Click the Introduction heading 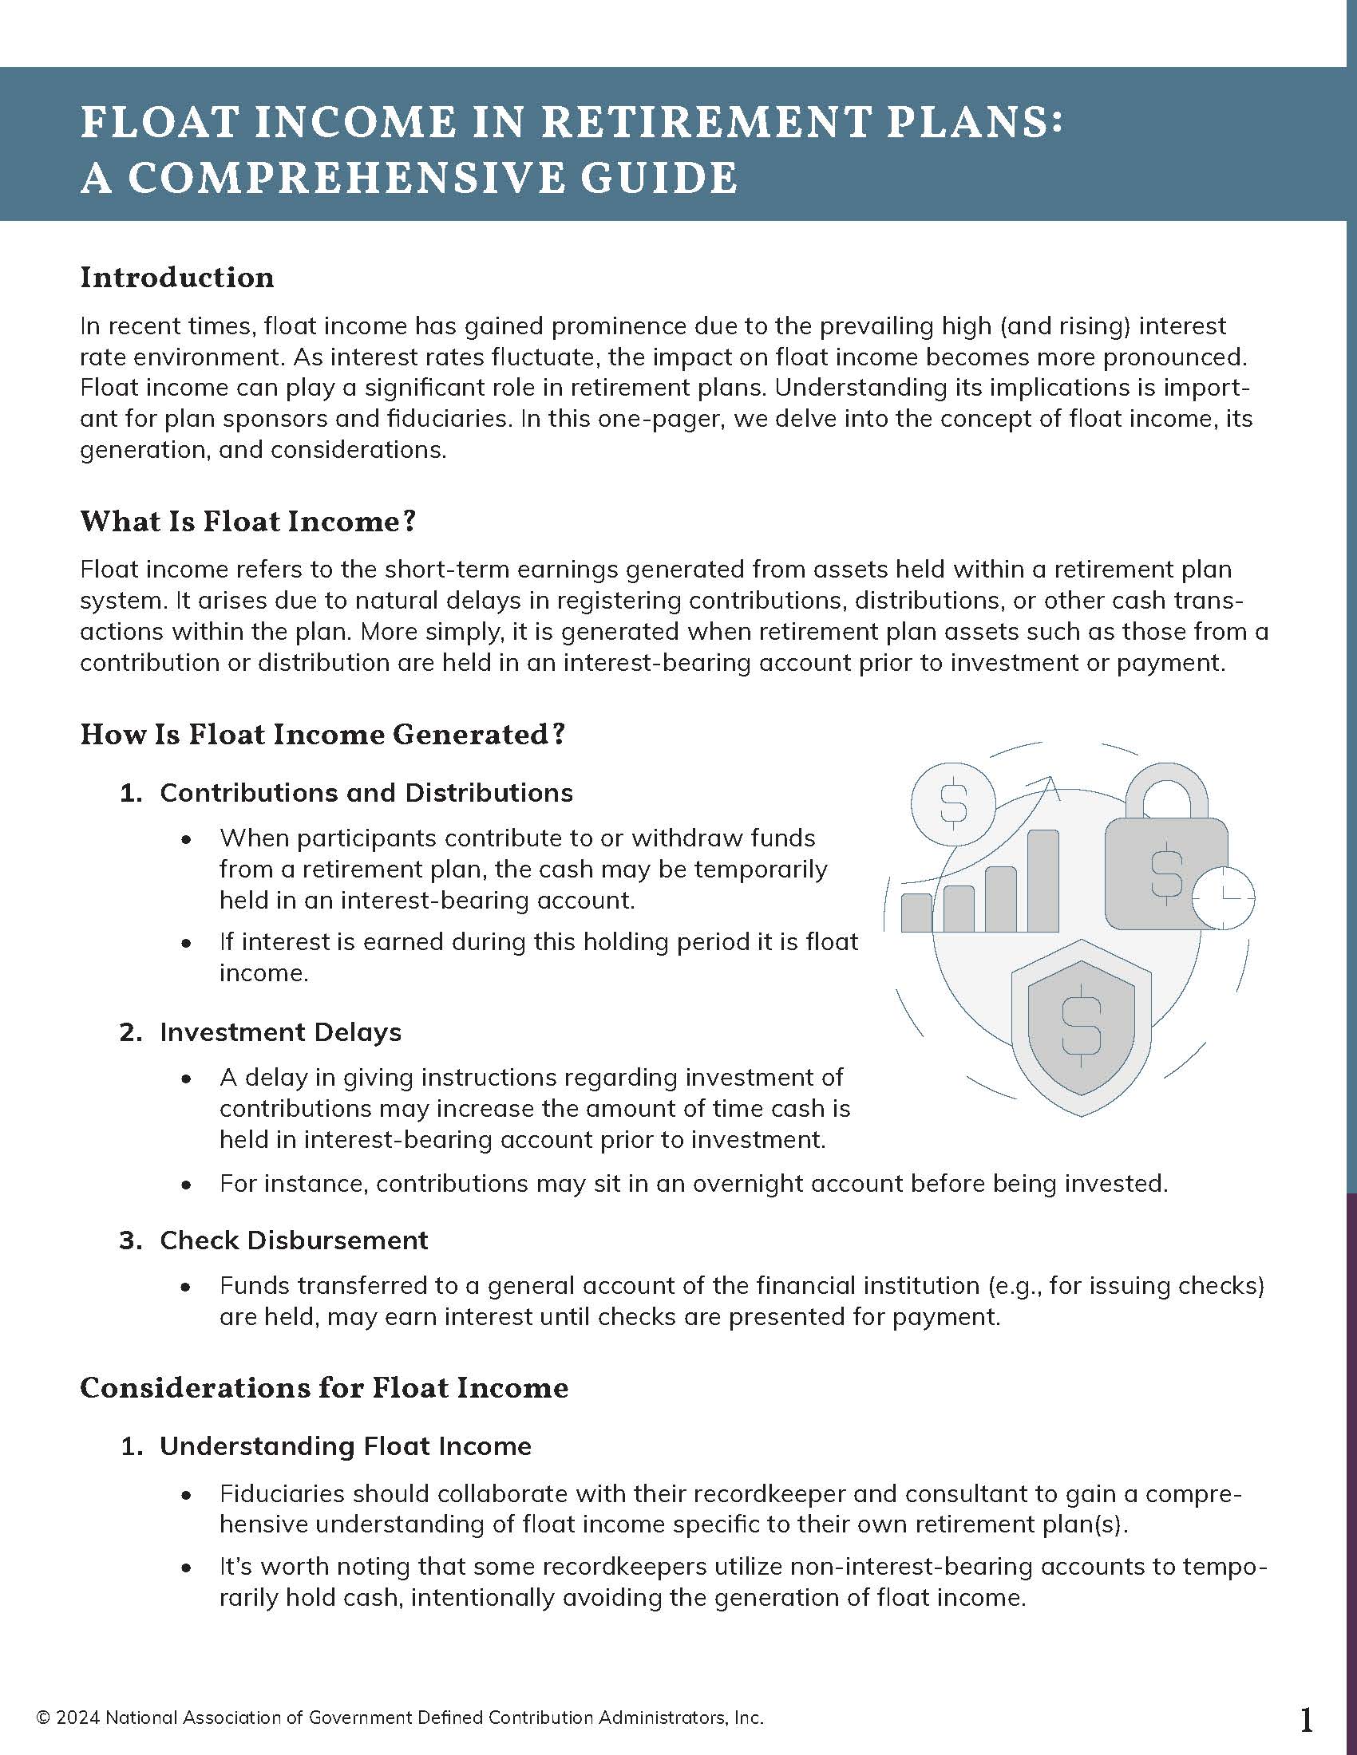177,278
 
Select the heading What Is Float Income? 247,522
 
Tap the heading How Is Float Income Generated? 323,735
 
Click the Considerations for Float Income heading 324,1388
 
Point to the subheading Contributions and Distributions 366,792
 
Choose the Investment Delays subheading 280,1031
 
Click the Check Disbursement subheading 294,1240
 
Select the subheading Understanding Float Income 346,1445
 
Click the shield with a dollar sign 1082,1032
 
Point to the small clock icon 1224,896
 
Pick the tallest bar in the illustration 1042,881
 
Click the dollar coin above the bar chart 953,802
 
